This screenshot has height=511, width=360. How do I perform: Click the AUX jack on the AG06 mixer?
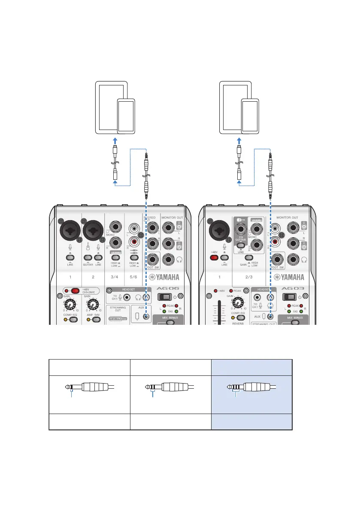coord(147,317)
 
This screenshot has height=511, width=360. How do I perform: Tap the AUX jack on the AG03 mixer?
coord(270,317)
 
